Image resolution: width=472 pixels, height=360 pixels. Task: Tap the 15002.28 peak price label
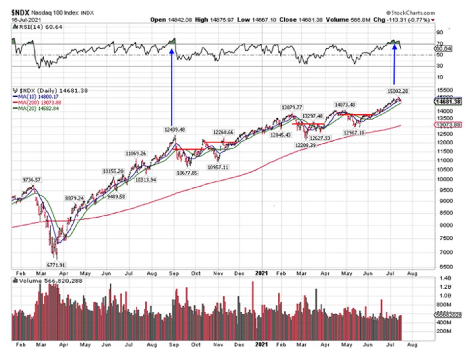tap(398, 91)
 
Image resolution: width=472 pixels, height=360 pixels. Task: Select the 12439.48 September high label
tap(175, 129)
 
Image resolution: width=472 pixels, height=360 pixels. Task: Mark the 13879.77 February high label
tap(291, 107)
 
